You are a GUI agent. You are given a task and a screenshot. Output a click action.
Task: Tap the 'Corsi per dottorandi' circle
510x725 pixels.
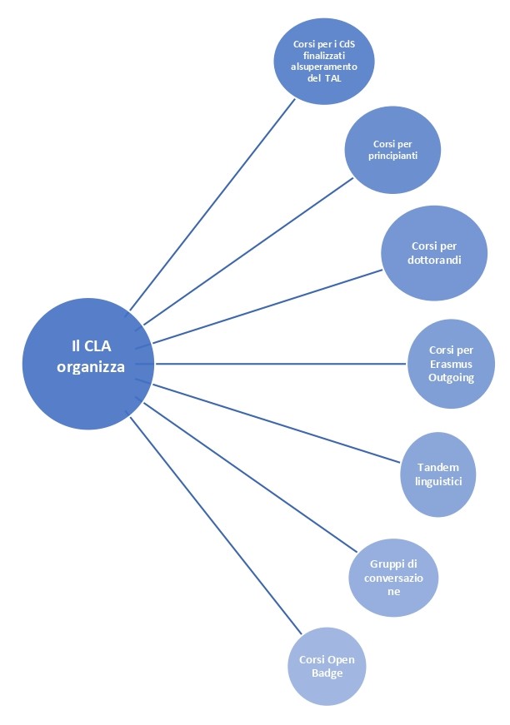point(433,253)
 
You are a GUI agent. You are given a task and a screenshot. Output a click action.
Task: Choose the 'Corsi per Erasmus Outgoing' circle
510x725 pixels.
point(451,364)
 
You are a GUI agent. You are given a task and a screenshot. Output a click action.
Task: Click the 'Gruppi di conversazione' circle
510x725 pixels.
point(392,572)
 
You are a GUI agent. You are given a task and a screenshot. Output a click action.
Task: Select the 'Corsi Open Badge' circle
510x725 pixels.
point(327,666)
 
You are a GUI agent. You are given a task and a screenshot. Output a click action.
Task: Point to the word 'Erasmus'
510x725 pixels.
point(451,364)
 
